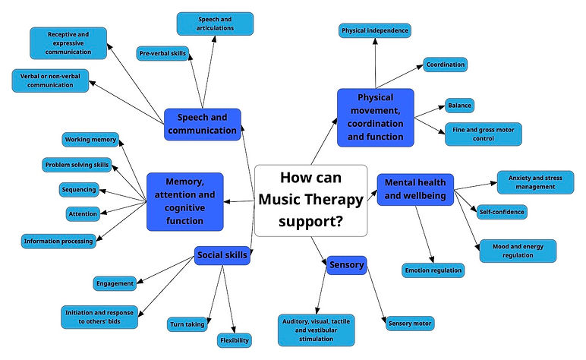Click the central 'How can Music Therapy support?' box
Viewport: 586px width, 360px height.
click(x=310, y=200)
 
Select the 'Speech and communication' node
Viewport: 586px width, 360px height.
click(x=202, y=124)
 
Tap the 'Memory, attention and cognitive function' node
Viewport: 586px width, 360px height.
click(x=185, y=201)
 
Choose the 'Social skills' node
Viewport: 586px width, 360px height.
click(x=221, y=255)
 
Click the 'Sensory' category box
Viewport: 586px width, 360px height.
click(x=347, y=265)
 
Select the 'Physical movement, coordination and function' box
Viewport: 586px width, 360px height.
click(x=375, y=118)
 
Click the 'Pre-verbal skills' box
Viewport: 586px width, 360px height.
click(x=163, y=54)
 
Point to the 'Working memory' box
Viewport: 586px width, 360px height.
click(x=90, y=140)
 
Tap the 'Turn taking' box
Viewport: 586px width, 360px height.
click(x=187, y=324)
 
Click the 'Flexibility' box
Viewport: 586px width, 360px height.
click(x=234, y=339)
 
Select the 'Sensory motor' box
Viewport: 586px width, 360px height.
click(x=410, y=324)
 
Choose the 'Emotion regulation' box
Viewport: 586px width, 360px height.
click(x=432, y=269)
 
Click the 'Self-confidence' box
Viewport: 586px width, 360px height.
click(x=502, y=212)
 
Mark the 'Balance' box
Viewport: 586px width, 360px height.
click(x=459, y=105)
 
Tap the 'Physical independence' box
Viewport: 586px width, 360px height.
click(x=375, y=30)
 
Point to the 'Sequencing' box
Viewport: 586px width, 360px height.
click(x=79, y=189)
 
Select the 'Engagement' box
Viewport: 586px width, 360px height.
click(x=115, y=283)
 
